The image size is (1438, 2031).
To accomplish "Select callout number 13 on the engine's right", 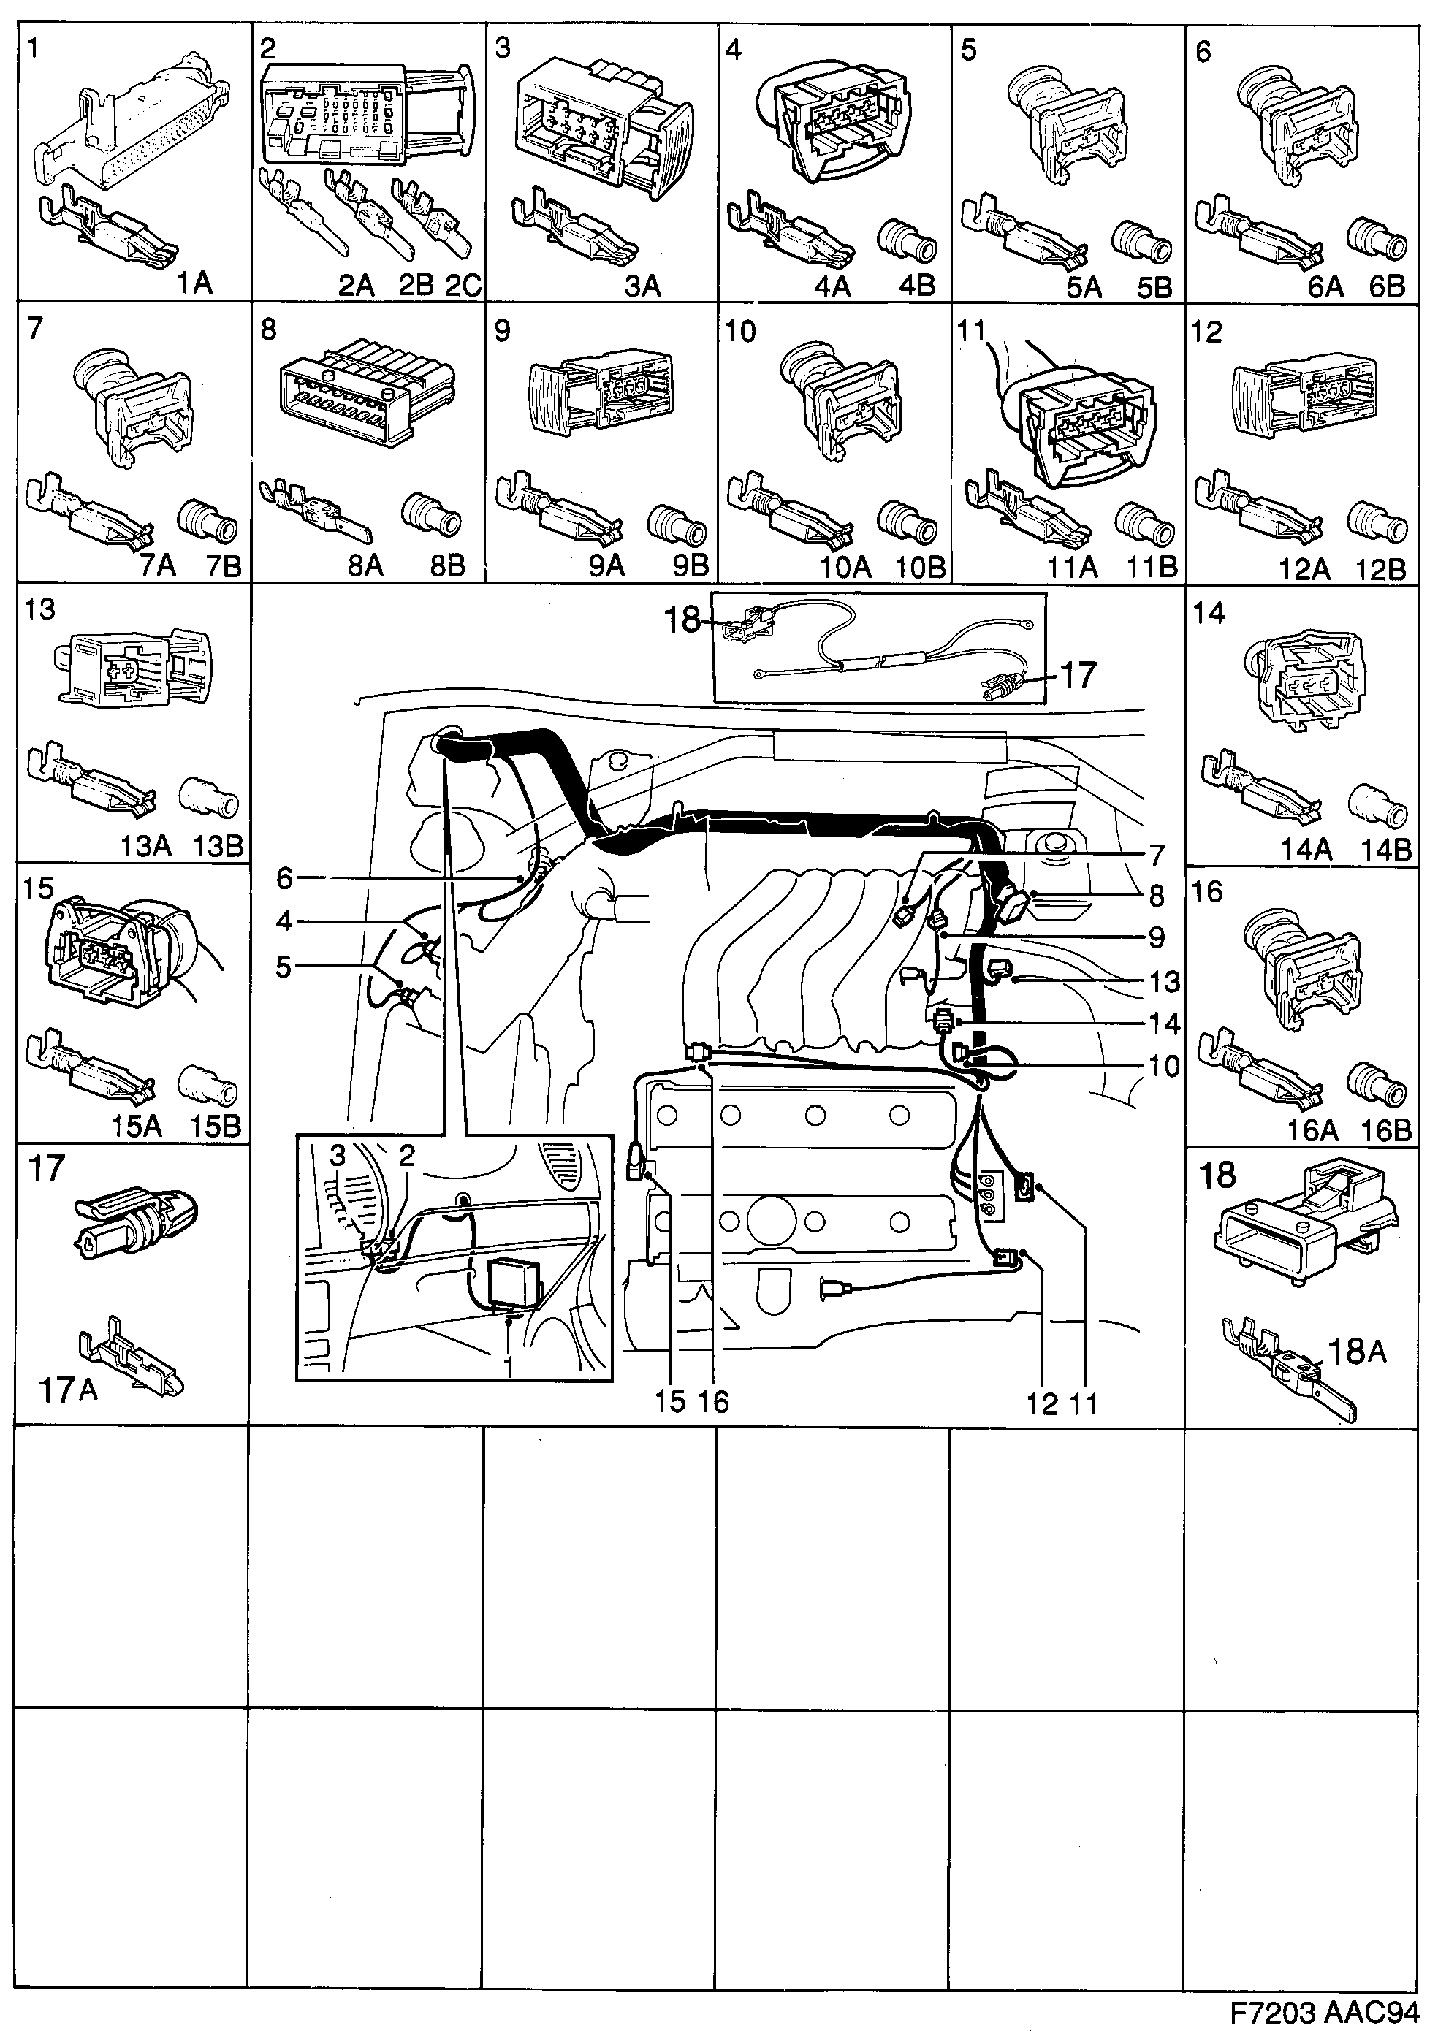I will coord(1165,982).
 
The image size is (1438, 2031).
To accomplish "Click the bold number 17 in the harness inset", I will coord(1078,676).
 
